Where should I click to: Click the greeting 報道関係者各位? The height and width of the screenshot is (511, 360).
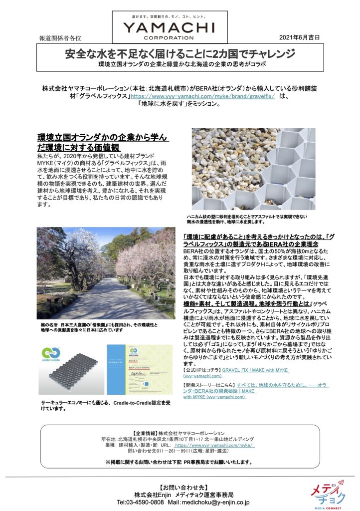coord(59,38)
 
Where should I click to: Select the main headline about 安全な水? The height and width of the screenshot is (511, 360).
coord(180,54)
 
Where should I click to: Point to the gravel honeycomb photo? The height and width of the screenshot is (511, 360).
coord(253,169)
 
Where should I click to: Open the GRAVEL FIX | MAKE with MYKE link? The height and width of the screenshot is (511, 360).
coord(257,369)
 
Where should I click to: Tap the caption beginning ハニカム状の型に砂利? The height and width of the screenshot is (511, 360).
coord(246,219)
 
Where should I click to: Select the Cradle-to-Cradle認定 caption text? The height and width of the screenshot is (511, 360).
coord(103,405)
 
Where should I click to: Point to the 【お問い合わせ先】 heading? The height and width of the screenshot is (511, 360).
coord(180,486)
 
